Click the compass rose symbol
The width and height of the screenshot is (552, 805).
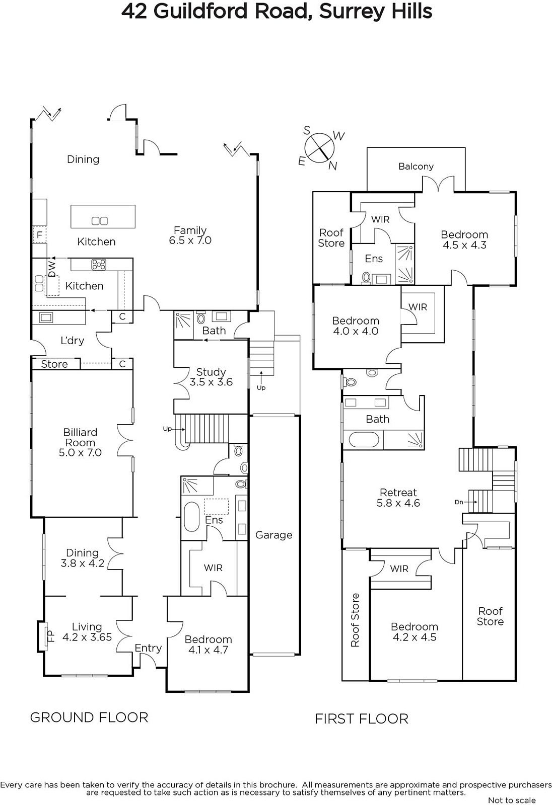(x=319, y=147)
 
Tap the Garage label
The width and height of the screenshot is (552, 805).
(x=273, y=535)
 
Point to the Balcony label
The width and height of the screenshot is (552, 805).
(x=416, y=167)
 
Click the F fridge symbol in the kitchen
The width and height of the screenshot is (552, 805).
(x=40, y=235)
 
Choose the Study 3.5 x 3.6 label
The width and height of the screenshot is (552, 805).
(x=211, y=377)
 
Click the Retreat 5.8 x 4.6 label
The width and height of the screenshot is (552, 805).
(x=398, y=498)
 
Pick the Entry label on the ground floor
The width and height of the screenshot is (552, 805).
(x=148, y=648)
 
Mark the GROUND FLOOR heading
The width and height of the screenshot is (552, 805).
(x=89, y=717)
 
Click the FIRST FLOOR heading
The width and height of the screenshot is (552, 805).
(x=362, y=719)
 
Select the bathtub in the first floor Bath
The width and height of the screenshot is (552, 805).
(x=364, y=440)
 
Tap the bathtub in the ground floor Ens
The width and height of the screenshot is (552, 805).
(x=191, y=517)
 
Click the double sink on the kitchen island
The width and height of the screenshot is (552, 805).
(x=100, y=221)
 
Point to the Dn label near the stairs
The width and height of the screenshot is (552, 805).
(x=459, y=502)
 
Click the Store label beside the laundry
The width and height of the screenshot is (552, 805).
(x=54, y=364)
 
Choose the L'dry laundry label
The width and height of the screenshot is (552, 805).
(x=73, y=340)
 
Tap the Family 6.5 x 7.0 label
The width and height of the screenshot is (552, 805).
(x=190, y=235)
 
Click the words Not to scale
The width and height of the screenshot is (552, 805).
(x=512, y=800)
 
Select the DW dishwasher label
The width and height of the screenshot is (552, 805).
(x=52, y=269)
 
